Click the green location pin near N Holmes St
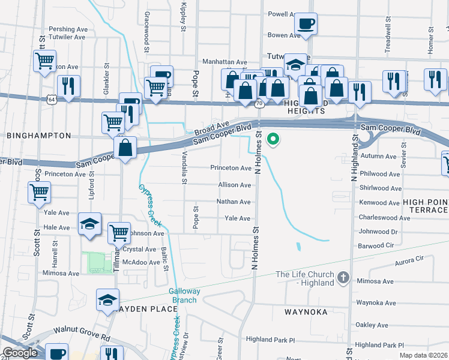pyautogui.click(x=273, y=140)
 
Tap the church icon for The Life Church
pyautogui.click(x=343, y=277)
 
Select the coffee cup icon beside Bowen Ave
pyautogui.click(x=306, y=25)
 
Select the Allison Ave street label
pyautogui.click(x=234, y=185)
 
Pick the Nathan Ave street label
pyautogui.click(x=233, y=202)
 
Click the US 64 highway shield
pyautogui.click(x=53, y=100)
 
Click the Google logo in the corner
pyautogui.click(x=20, y=353)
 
